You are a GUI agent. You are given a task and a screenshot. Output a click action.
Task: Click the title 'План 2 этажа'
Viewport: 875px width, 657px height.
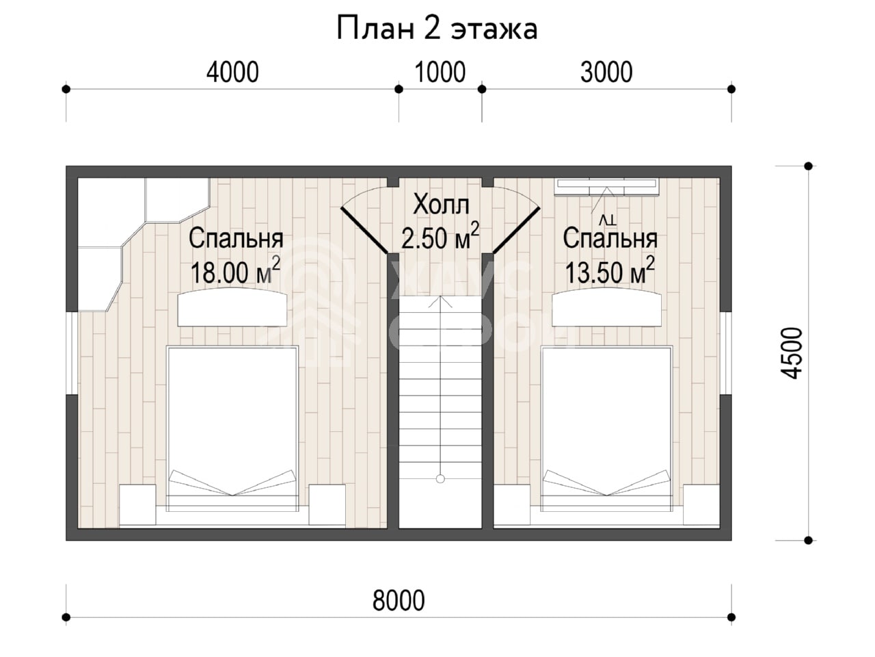(x=437, y=29)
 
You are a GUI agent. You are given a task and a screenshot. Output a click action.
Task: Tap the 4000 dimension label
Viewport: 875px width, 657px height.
(x=232, y=73)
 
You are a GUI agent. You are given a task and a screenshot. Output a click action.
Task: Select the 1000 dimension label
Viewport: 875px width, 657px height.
(x=440, y=73)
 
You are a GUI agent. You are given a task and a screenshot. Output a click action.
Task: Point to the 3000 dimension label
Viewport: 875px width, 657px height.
(x=606, y=73)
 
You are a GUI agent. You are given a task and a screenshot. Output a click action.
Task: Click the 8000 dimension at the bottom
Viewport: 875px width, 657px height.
(x=399, y=601)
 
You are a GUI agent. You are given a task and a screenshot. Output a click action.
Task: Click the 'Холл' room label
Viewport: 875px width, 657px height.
(x=441, y=204)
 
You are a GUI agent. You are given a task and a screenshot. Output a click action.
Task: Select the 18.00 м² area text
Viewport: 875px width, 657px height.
(x=235, y=270)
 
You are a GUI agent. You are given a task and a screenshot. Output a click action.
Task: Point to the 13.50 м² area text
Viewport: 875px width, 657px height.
(x=610, y=270)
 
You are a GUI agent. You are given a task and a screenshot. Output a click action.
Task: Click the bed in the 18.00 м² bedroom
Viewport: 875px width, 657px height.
(x=232, y=428)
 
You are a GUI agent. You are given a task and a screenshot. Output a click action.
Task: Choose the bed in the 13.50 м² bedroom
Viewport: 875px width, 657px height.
(x=606, y=428)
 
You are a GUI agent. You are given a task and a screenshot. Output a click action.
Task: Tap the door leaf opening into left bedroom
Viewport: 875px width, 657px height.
(x=364, y=230)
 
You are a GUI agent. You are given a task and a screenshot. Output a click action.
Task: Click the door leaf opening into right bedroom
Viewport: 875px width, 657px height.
(x=517, y=230)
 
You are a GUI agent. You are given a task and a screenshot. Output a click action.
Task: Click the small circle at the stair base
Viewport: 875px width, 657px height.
(x=440, y=478)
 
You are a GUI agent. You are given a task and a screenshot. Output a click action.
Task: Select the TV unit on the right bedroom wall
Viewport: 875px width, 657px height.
(x=606, y=187)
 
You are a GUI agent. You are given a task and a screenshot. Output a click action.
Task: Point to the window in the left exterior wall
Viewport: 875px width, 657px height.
(x=72, y=353)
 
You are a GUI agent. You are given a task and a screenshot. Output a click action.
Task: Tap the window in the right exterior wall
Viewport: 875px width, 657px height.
(x=726, y=353)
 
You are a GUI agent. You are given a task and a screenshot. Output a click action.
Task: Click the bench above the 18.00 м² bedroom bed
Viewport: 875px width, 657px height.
(x=232, y=307)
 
